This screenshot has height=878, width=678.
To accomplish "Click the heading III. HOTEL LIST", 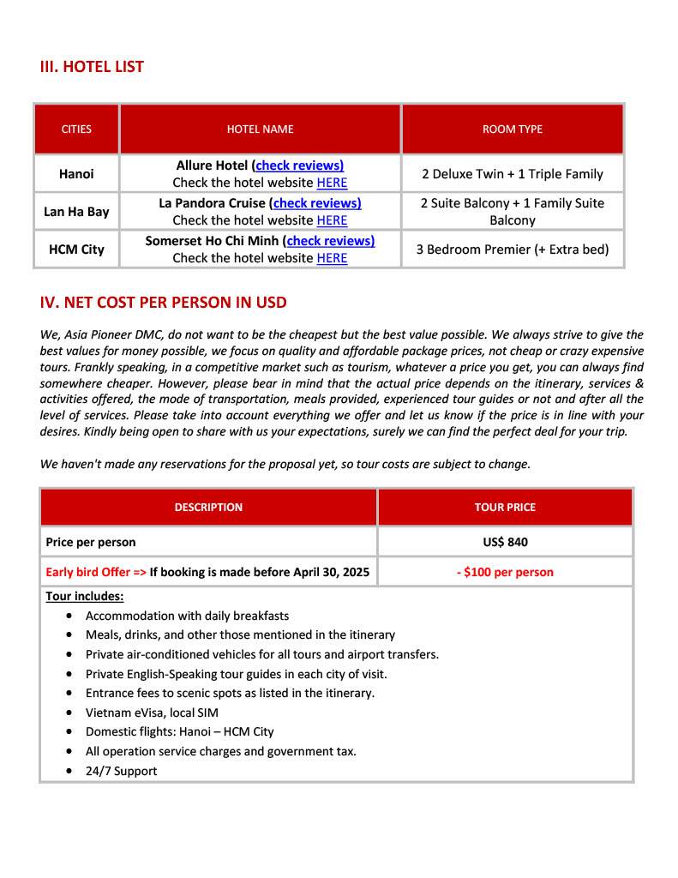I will pos(92,67).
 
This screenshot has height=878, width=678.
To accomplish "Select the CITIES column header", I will pos(76,129).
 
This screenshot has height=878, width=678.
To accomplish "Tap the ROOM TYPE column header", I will pos(512,129).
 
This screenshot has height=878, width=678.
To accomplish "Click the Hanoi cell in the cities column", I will pos(76,174).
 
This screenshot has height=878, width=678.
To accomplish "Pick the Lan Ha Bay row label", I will pos(76,212).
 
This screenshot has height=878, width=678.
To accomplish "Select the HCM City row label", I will pos(76,250).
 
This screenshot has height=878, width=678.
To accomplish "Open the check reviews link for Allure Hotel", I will pos(299,165).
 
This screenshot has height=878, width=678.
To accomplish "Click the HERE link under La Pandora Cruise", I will pos(332,220).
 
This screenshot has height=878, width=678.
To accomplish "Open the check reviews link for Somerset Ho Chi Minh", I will pos(330,241).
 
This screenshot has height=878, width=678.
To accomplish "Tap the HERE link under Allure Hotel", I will pos(332,183).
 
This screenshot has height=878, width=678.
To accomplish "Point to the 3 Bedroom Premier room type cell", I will pos(512,250).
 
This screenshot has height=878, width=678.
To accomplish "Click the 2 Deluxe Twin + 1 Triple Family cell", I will pos(512,174).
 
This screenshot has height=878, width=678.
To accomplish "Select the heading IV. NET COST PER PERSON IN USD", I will pos(163,303).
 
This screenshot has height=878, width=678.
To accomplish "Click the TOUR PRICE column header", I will pos(505,508).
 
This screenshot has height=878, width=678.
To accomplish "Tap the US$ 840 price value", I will pos(505,542).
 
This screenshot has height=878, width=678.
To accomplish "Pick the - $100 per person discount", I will pos(505,572).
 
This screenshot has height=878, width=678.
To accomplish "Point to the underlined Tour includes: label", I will pos(84,596).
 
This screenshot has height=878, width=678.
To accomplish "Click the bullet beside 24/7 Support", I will pos(69,772).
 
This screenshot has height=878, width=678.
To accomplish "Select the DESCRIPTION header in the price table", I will pos(208,508).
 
